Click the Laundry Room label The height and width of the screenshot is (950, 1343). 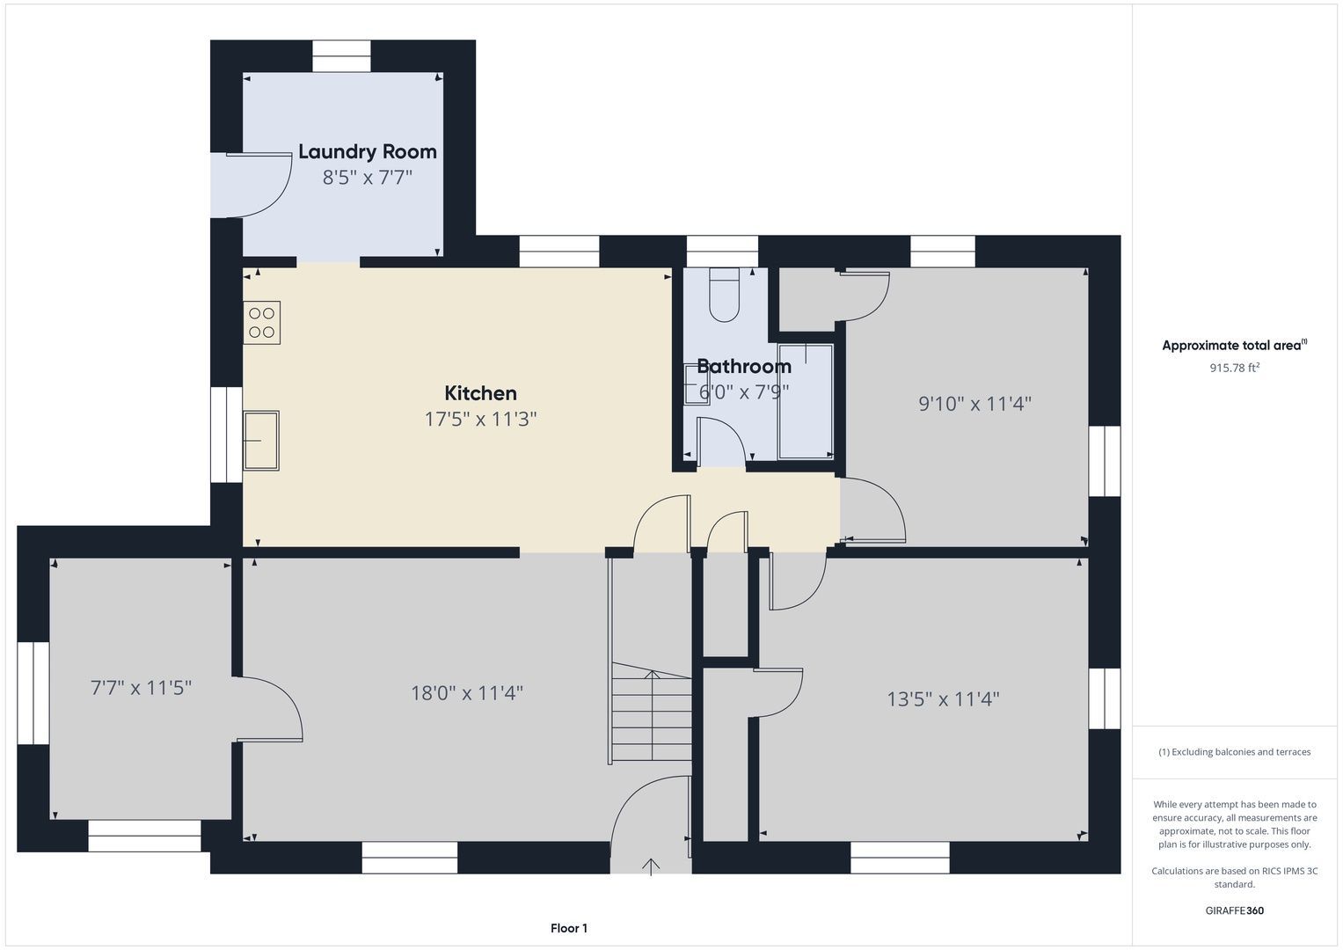click(x=368, y=151)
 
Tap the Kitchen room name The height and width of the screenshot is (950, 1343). click(x=480, y=393)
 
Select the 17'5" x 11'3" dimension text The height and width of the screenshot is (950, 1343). click(x=480, y=419)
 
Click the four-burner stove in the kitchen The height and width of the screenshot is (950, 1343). click(x=261, y=323)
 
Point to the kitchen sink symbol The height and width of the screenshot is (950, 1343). click(x=261, y=441)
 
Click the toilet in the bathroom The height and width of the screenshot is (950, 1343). click(x=724, y=295)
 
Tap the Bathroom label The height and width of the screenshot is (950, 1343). click(x=744, y=366)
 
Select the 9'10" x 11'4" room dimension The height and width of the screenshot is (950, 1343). click(x=974, y=404)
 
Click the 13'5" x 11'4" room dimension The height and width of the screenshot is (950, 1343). click(x=943, y=699)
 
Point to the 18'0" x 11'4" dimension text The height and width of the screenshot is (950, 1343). click(x=466, y=693)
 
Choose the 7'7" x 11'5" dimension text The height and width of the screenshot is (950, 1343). click(x=141, y=687)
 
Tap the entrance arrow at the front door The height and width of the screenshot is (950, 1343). click(x=651, y=866)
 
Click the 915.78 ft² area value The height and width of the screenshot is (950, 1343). click(x=1235, y=368)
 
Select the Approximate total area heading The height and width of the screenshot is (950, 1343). click(x=1235, y=345)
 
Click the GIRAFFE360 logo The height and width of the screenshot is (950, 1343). click(x=1235, y=910)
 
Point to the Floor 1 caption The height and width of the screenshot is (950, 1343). click(x=569, y=928)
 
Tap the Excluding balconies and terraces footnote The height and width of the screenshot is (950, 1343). click(x=1235, y=752)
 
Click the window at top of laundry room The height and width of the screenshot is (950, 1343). click(x=342, y=56)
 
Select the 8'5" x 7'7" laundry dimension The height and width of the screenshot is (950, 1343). click(x=368, y=178)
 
